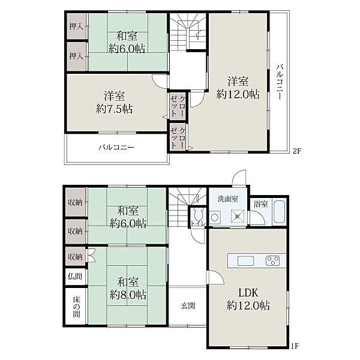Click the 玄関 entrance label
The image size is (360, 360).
(x=188, y=305)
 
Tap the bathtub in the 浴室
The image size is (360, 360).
(x=280, y=212)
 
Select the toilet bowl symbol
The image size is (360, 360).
(x=197, y=215)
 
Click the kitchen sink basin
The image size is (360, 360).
(x=245, y=261)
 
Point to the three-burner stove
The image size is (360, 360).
(x=273, y=261)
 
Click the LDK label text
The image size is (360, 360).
(x=248, y=293)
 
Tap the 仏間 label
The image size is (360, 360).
(x=75, y=276)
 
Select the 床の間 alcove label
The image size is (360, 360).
(x=76, y=307)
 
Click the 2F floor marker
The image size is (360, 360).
(x=296, y=151)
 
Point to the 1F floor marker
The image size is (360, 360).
(x=295, y=352)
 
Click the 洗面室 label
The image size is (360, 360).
(x=228, y=199)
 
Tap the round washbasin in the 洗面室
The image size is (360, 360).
(x=214, y=217)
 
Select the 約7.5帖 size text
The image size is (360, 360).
(x=115, y=109)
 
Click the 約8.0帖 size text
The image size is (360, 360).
(x=128, y=295)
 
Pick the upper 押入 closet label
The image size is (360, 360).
(x=76, y=26)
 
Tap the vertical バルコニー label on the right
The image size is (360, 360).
(x=280, y=82)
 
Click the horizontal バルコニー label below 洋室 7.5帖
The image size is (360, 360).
(x=116, y=147)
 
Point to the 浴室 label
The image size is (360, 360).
(x=261, y=204)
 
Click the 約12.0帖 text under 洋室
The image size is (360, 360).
(x=238, y=94)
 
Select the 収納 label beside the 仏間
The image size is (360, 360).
(x=75, y=257)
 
